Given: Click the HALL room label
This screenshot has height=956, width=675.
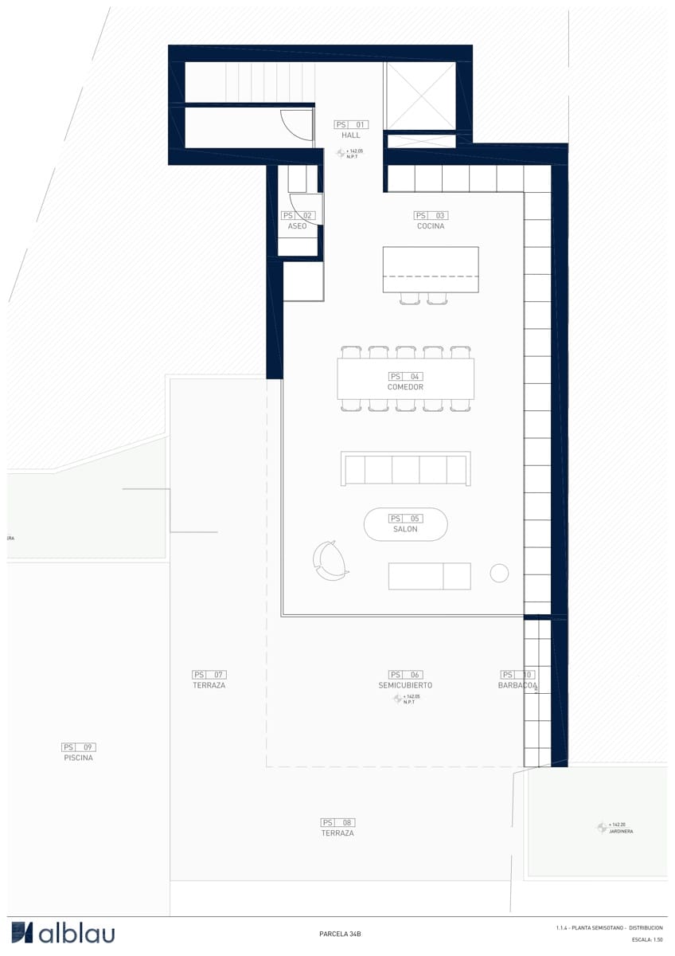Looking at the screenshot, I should coord(351,135).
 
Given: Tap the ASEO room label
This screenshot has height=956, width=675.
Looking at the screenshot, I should coord(297,226).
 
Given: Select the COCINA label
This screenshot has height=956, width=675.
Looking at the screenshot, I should coord(431,226).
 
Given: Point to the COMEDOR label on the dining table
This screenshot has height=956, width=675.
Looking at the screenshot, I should coord(405,387).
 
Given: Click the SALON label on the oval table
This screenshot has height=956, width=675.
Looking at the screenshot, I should coord(405,529).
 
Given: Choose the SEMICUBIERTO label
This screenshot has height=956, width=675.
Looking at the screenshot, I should coord(405,685).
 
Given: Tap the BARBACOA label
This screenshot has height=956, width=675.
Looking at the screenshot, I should coord(517,685).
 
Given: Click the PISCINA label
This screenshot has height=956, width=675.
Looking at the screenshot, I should coord(79,758).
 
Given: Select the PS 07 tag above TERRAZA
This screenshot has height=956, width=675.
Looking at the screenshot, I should coord(209,675).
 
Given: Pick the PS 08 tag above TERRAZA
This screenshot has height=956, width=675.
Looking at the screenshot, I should coord(337,822).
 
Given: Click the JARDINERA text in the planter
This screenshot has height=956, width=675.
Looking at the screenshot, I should coord(621,832).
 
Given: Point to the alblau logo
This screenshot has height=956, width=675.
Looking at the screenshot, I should coord(64,933).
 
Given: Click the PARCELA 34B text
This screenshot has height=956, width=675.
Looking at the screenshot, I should coord(340,934).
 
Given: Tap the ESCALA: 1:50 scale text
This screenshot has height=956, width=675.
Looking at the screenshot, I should coord(647,940).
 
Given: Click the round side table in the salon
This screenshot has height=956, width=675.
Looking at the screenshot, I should coord(499,573).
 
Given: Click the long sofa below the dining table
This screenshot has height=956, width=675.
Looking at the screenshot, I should coord(405,468).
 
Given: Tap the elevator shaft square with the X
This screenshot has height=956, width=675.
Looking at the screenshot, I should coord(420,96).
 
